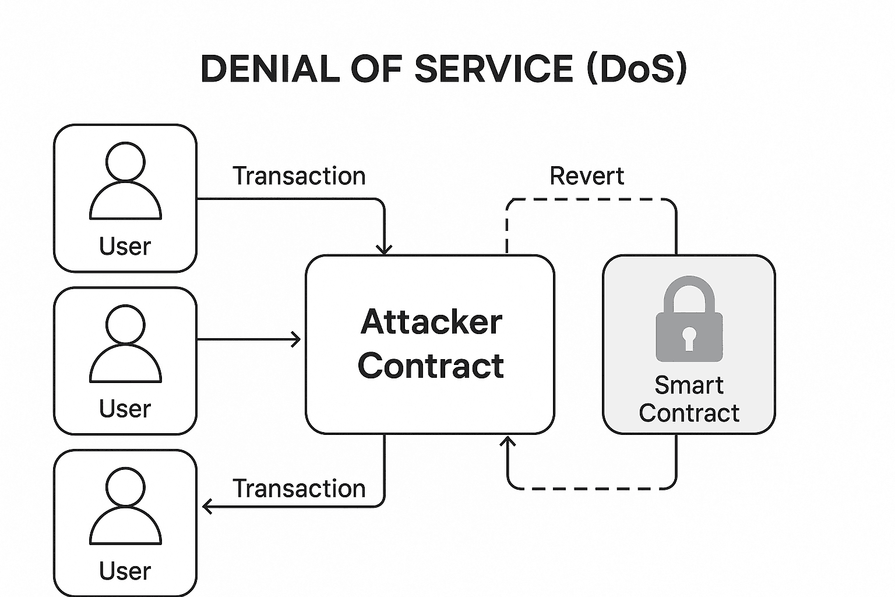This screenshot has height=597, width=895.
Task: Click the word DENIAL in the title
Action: pos(270,69)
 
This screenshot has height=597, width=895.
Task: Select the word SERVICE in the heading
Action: pos(494,69)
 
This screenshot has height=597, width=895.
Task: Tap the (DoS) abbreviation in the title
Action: pos(637,69)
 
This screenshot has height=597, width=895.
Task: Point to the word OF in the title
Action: pos(376,69)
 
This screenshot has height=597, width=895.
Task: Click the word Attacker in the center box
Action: pos(431,322)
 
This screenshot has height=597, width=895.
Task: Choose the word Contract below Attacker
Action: pos(431,366)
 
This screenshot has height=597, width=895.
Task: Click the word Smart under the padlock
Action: pos(689,385)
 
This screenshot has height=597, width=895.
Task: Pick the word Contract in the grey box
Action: pos(689,413)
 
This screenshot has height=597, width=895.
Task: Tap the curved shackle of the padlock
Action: pos(689,292)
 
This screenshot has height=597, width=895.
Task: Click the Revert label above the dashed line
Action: pos(587,176)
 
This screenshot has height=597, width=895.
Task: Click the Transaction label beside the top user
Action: pos(299,176)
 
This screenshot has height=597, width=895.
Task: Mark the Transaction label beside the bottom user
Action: pos(299,489)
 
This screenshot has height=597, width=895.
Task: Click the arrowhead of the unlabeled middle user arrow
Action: pos(297,339)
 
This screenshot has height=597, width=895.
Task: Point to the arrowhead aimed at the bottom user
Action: pos(207,506)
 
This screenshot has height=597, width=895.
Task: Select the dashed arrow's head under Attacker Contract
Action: pos(508,441)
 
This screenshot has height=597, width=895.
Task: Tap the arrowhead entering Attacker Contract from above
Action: pos(384,250)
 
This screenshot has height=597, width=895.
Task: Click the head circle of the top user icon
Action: pos(125,161)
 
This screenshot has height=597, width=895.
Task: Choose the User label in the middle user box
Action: pos(125,409)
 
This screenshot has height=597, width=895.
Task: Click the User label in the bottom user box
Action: pos(125,571)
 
